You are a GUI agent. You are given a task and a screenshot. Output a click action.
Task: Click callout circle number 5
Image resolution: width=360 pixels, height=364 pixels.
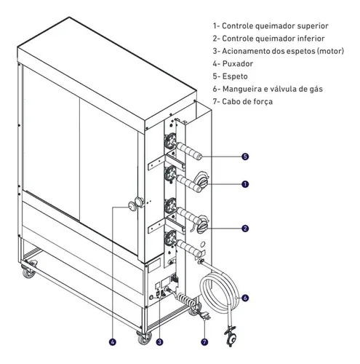(x=245, y=157)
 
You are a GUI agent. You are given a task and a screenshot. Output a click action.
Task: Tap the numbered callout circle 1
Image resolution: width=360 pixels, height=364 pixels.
(x=245, y=184)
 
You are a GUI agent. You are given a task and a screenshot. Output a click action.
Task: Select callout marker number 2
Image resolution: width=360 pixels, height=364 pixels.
(x=245, y=229)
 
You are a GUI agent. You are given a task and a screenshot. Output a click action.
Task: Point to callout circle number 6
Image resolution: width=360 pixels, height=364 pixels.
(x=245, y=298)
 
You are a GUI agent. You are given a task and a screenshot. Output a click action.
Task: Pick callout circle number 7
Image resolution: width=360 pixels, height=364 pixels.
(x=204, y=342)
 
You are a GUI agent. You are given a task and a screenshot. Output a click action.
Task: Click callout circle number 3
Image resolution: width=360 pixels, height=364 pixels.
(x=159, y=342)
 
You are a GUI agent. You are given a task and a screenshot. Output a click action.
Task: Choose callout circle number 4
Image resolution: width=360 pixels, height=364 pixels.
(x=113, y=342)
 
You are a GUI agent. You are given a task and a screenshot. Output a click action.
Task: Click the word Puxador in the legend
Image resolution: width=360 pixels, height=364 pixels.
(x=238, y=64)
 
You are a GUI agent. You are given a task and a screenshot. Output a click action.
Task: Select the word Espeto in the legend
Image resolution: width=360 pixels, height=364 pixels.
(x=235, y=76)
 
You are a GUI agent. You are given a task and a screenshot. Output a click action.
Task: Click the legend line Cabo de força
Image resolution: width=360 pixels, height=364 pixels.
(x=247, y=102)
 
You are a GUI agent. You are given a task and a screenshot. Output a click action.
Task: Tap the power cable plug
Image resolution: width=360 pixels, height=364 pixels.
(x=205, y=316)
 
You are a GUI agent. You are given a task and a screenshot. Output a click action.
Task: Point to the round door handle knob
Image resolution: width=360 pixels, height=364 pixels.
(x=132, y=207)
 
